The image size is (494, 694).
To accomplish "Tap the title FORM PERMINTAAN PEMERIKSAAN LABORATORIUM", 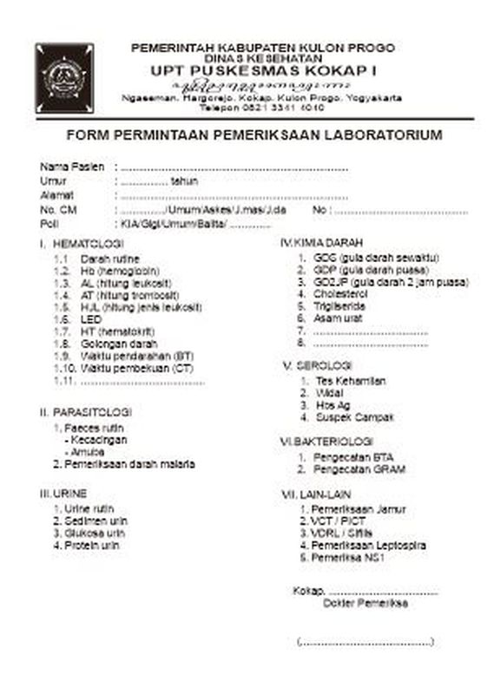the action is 254,135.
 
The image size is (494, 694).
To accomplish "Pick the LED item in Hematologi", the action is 91,319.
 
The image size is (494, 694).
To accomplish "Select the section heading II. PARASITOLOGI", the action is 84,411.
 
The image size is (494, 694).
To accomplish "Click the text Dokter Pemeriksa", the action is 364,602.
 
